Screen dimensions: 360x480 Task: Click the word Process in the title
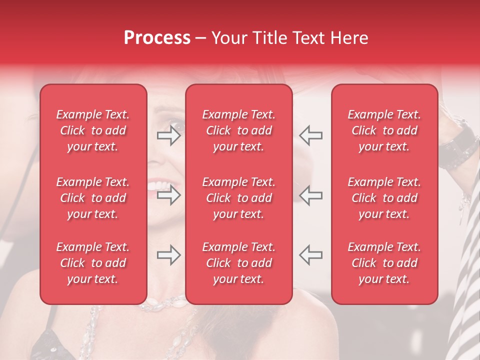[157, 38]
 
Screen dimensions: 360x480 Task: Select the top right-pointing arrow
[169, 135]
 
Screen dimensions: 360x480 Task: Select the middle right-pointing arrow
[169, 195]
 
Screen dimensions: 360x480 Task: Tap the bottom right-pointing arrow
[169, 255]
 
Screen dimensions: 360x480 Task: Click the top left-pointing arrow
[310, 135]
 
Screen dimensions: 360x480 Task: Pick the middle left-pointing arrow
[310, 195]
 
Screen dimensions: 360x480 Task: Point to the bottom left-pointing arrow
[310, 255]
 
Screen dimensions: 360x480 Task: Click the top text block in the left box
[93, 130]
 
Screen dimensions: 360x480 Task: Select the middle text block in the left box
[93, 198]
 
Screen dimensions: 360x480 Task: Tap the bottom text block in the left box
[93, 263]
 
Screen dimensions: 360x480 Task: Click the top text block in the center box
[238, 130]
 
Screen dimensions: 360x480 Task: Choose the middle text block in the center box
[238, 198]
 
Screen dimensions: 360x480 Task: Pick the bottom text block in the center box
[238, 263]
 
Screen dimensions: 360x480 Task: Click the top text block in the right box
[384, 130]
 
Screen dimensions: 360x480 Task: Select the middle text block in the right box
[384, 198]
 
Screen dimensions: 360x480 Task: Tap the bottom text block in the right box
[384, 263]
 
